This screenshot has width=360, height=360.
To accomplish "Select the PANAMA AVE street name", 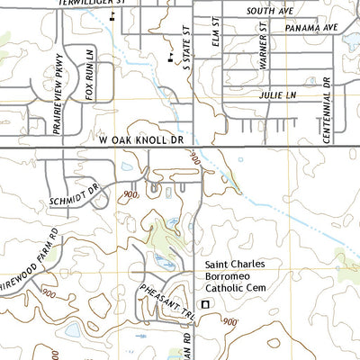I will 310,28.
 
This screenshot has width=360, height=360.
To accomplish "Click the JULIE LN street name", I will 276,94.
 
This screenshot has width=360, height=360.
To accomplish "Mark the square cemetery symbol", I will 204,305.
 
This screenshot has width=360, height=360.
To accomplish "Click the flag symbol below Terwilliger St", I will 112,16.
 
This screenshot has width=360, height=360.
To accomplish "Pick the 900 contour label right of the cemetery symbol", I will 230,321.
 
